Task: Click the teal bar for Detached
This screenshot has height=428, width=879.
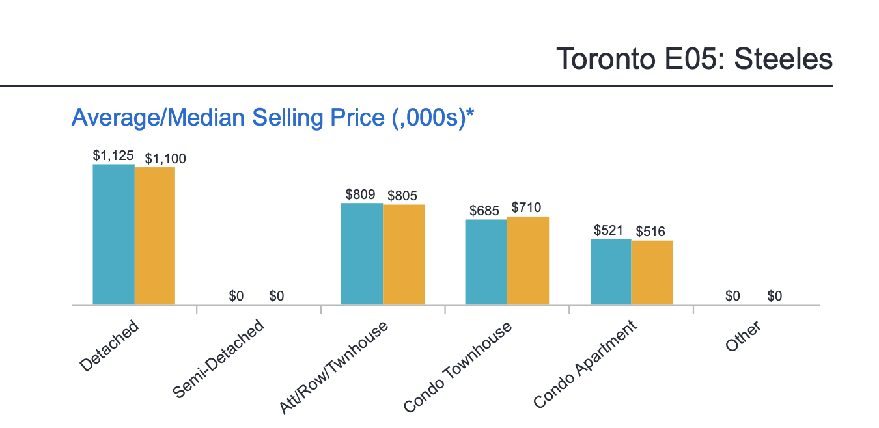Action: point(113,234)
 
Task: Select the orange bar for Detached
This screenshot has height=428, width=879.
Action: point(155,236)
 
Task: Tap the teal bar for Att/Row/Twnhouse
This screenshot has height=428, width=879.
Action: point(362,254)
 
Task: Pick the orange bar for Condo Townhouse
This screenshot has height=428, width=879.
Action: point(528,261)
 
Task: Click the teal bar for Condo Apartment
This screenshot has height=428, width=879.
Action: point(611,272)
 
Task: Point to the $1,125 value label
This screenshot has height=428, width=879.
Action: point(113,156)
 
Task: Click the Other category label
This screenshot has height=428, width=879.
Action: point(744,338)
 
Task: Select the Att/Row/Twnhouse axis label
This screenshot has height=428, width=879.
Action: point(333,368)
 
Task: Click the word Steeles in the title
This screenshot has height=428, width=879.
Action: point(783,60)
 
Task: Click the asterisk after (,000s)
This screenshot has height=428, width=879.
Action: point(470,114)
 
